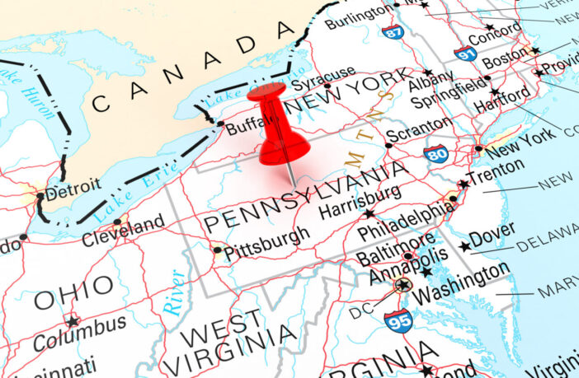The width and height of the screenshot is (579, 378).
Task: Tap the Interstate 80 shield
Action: pyautogui.click(x=436, y=152)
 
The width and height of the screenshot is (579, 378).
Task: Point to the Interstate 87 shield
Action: pyautogui.click(x=393, y=31)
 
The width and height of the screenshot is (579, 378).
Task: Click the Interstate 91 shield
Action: pyautogui.click(x=465, y=54)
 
